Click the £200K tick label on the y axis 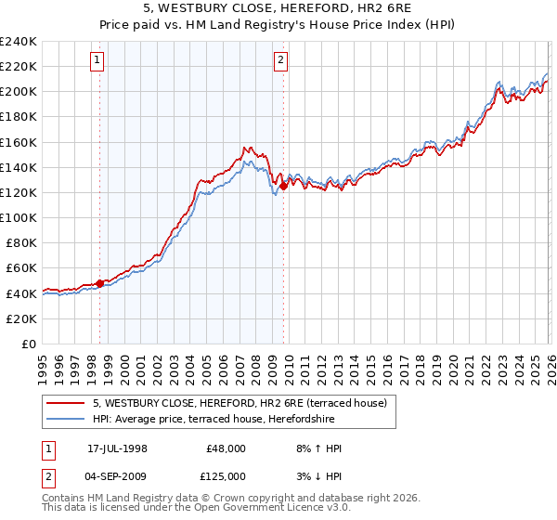pyautogui.click(x=19, y=92)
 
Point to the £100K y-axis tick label pyautogui.click(x=19, y=217)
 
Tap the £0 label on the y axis pyautogui.click(x=28, y=344)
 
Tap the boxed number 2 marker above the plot pyautogui.click(x=280, y=61)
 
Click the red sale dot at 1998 pyautogui.click(x=100, y=282)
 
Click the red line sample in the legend pyautogui.click(x=67, y=403)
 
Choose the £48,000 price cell pyautogui.click(x=226, y=448)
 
